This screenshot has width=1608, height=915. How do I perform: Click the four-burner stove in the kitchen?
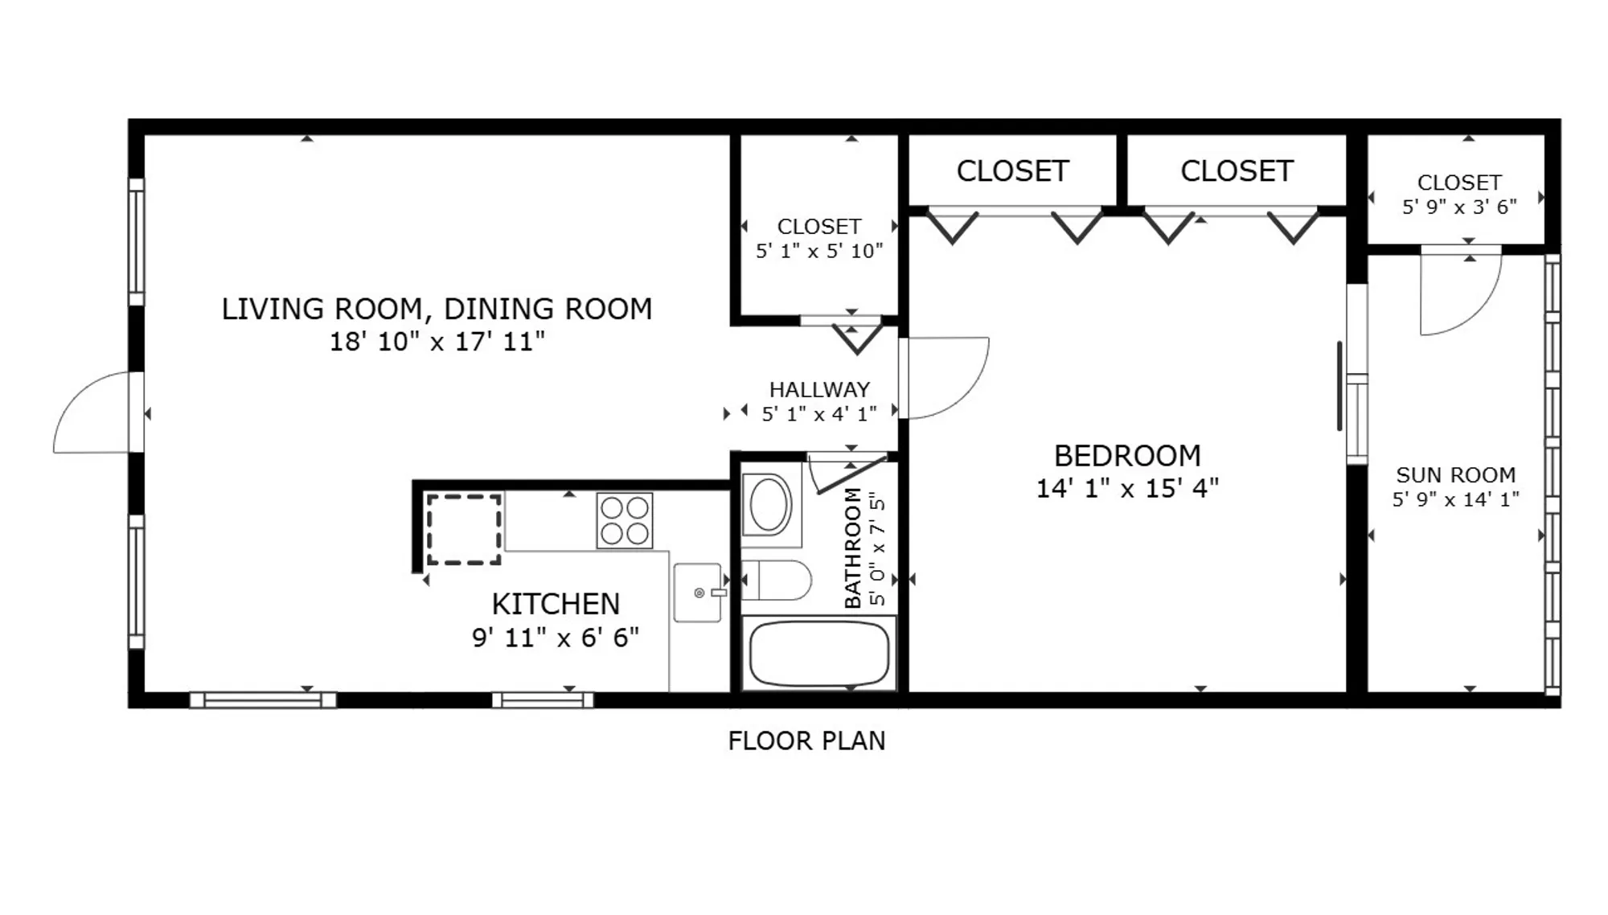pos(625,520)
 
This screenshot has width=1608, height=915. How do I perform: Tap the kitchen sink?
pos(697,593)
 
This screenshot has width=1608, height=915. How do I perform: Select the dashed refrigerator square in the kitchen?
pos(463,529)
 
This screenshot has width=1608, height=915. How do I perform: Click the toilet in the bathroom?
pos(775,581)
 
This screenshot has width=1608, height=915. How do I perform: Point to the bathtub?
pos(818,654)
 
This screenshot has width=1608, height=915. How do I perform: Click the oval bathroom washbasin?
pos(769,504)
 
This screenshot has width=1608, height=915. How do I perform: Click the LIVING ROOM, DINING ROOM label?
pos(437,309)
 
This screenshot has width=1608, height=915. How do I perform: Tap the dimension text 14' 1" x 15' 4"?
pos(1127,488)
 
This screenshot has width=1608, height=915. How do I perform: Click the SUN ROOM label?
pos(1455,474)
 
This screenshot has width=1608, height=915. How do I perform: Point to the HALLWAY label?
pos(819,389)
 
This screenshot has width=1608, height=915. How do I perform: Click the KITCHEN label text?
pos(556,604)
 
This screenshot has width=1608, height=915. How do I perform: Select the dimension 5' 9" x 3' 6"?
pos(1458,207)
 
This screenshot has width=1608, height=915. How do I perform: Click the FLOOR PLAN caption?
pos(806,741)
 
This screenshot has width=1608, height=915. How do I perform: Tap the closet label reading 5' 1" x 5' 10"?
pos(818,251)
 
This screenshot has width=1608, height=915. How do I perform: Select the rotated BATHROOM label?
pos(853,547)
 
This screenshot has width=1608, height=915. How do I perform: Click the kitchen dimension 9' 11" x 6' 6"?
pos(556,638)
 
